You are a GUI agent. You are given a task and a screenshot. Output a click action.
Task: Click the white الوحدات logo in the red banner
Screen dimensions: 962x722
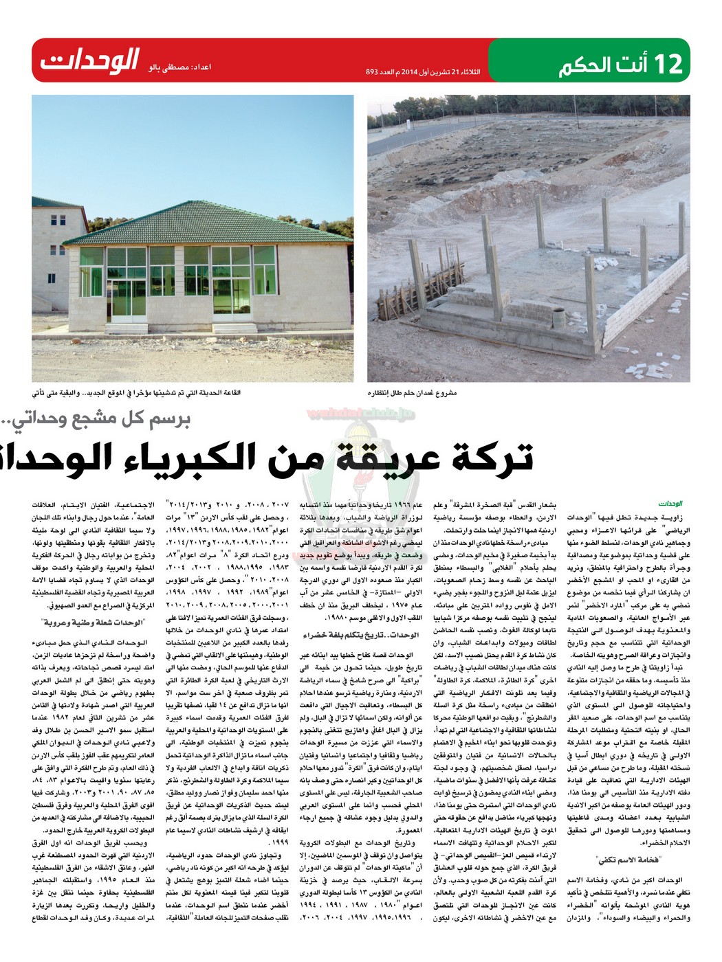89,60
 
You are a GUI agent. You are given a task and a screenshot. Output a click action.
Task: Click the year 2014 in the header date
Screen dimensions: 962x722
408,71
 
